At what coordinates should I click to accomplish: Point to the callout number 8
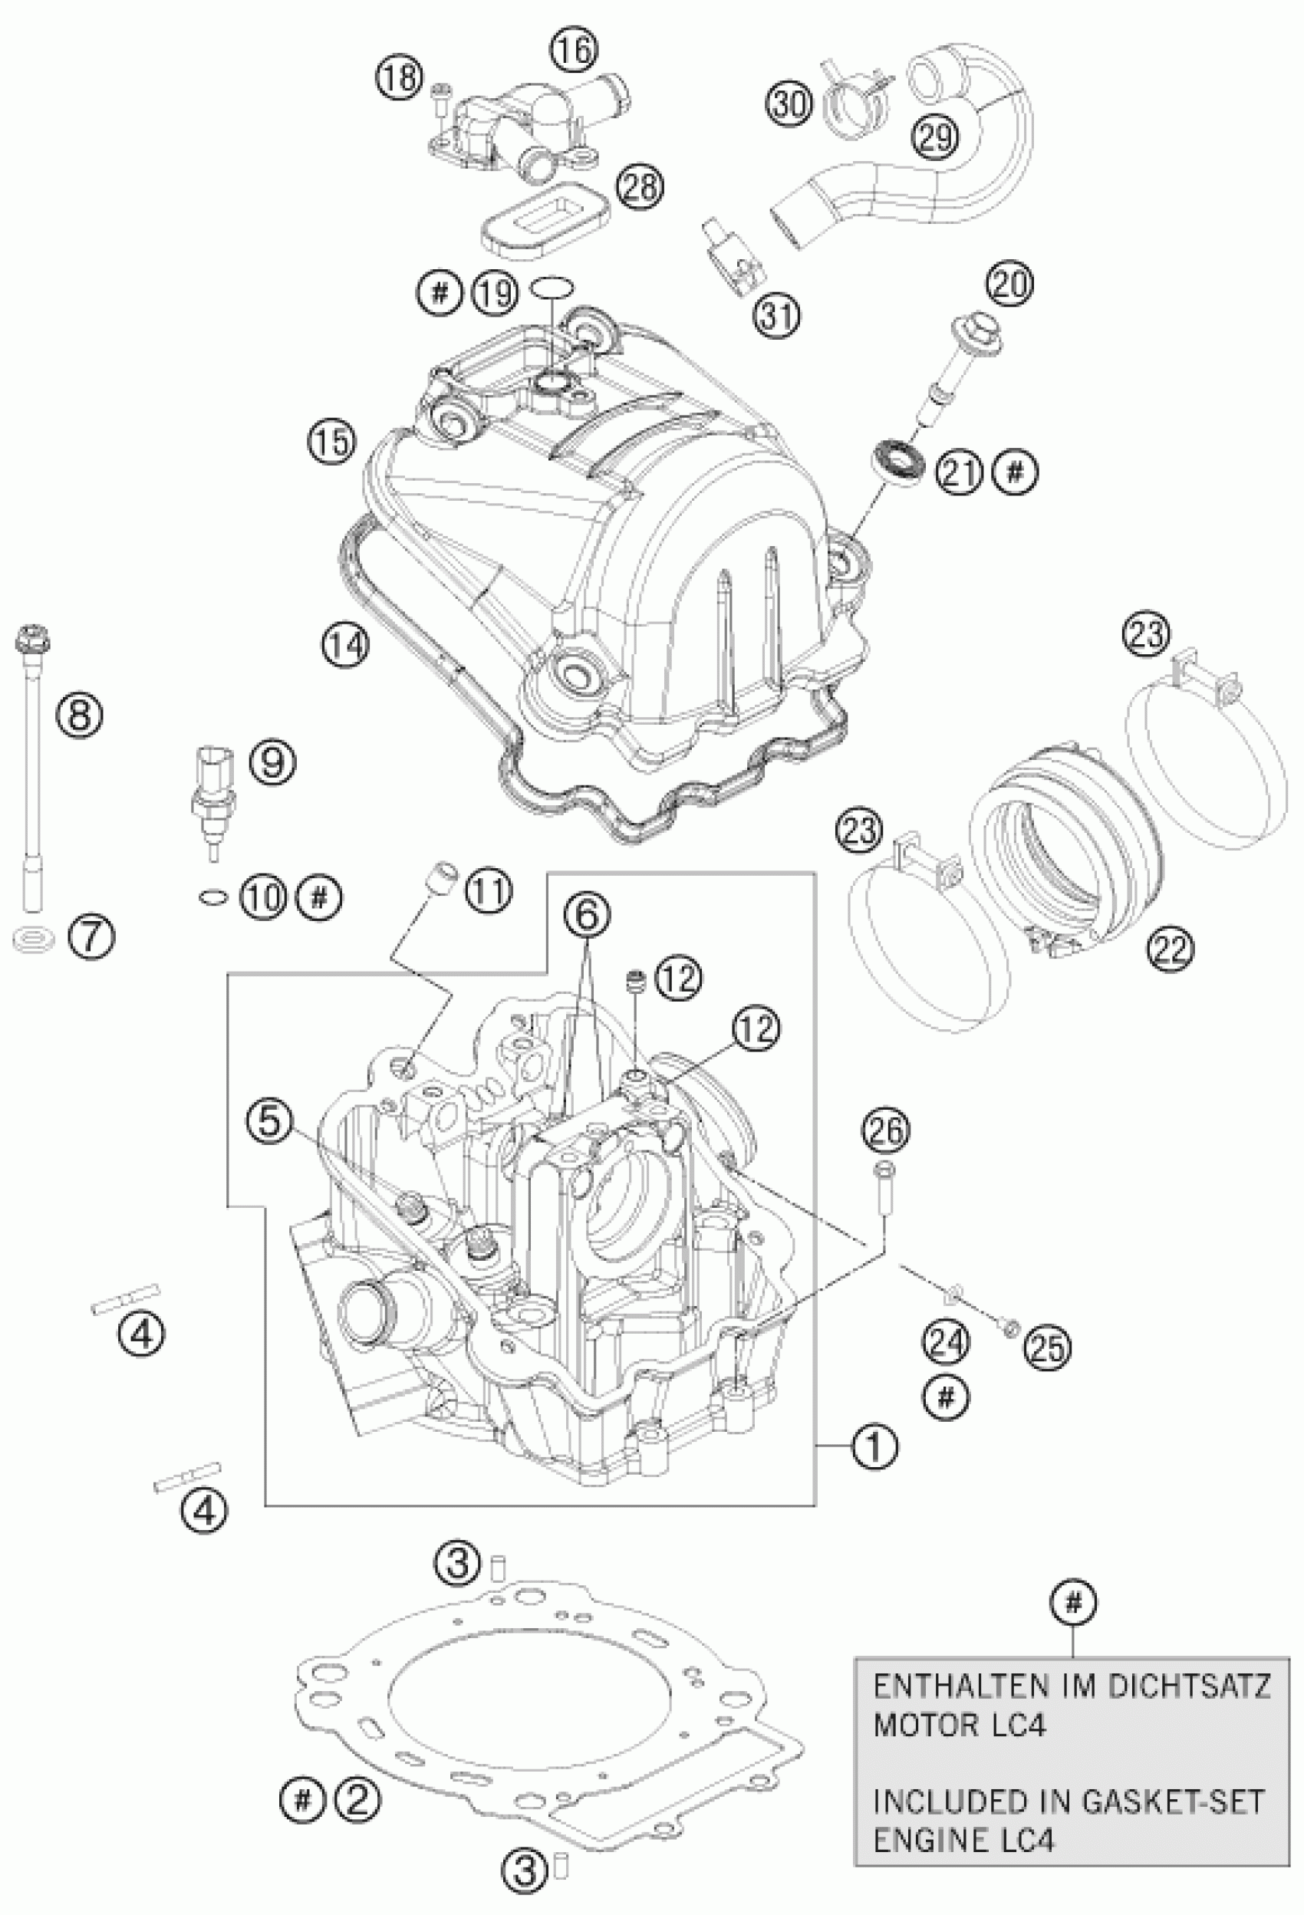(79, 715)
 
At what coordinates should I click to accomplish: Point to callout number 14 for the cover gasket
(345, 645)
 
